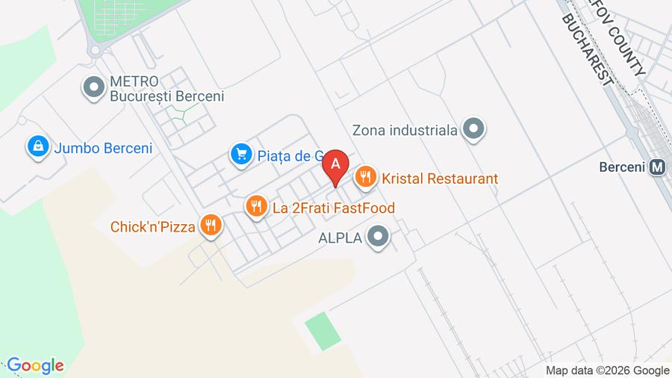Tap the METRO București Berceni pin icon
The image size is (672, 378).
[x=94, y=88]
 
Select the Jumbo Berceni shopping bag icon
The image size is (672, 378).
[x=37, y=147]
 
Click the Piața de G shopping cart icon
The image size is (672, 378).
[x=240, y=155]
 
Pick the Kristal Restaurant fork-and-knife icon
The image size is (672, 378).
[x=365, y=178]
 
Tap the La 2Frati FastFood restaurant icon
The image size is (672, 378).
[x=256, y=207]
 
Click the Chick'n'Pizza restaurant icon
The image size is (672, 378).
[x=211, y=225]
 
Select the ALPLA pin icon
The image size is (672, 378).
[x=379, y=238]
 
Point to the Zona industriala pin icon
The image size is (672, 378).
[x=473, y=130]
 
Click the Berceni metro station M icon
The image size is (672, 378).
[x=657, y=167]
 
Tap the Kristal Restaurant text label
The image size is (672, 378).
[x=440, y=179]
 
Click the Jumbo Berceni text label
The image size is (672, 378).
[x=103, y=148]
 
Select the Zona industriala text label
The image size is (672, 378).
[x=405, y=131]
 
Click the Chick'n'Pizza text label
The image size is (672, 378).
[x=153, y=226]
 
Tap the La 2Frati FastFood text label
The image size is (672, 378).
[x=334, y=208]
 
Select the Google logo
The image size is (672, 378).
[x=34, y=365]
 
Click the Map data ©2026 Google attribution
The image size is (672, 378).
[x=607, y=370]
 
